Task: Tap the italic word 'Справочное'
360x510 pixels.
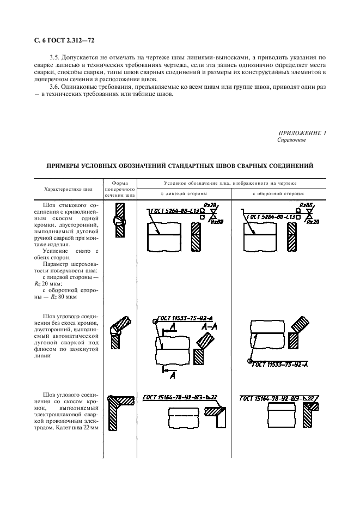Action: click(291, 140)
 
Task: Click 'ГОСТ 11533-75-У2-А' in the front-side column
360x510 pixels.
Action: click(183, 318)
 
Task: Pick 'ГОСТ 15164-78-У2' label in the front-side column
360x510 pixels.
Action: click(166, 397)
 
